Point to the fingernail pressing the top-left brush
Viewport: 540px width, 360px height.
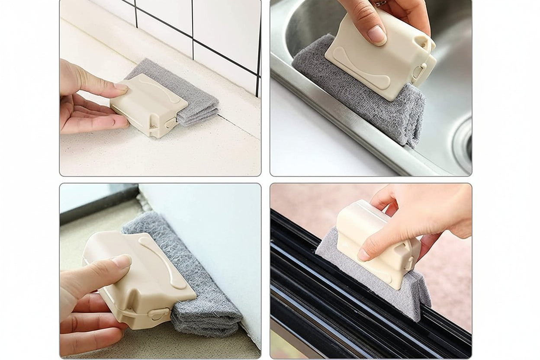(121, 87)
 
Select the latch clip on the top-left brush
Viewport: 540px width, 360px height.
(170, 123)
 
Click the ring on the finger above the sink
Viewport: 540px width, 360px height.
(381, 3)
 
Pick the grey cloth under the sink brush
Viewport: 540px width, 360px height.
(346, 87)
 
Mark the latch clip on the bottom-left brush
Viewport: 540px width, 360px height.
(157, 314)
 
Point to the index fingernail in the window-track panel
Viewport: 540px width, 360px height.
(363, 255)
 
